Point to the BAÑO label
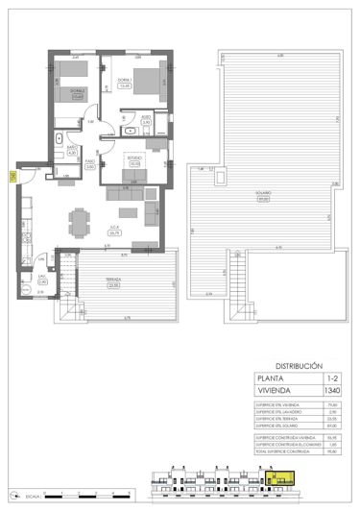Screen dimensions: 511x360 click(x=59, y=147)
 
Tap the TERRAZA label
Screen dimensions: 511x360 click(x=114, y=281)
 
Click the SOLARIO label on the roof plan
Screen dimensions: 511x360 click(x=262, y=195)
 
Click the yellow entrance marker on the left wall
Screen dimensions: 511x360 click(x=12, y=176)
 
